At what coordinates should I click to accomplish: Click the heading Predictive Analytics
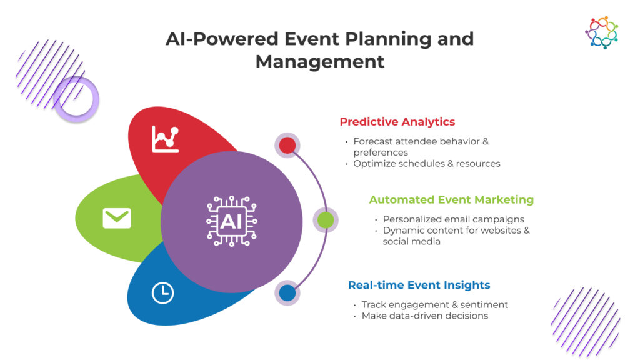[x=397, y=122]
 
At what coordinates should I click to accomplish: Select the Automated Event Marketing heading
[x=451, y=200]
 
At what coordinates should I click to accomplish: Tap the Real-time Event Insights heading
[x=419, y=286]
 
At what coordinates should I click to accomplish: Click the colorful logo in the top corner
[x=601, y=32]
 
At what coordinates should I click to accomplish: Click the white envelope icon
[x=117, y=218]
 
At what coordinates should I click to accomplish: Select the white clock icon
[x=163, y=292]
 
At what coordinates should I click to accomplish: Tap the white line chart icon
[x=166, y=139]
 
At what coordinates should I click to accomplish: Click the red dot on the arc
[x=287, y=146]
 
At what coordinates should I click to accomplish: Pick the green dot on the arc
[x=326, y=220]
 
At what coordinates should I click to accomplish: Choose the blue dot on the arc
[x=287, y=293]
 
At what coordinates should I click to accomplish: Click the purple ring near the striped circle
[x=76, y=99]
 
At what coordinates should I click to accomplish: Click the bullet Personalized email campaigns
[x=453, y=219]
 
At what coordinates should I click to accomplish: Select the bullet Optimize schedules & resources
[x=426, y=164]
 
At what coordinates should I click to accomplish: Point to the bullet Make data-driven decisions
[x=424, y=316]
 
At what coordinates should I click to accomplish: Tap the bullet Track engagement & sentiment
[x=434, y=305]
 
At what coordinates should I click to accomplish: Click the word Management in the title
[x=320, y=62]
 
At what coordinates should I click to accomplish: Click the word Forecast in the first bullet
[x=374, y=141]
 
